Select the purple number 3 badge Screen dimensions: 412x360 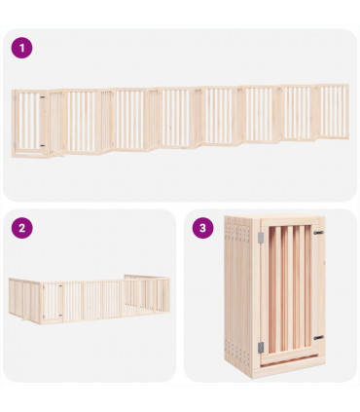[x=202, y=228]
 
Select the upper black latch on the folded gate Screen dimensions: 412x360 [x=318, y=233]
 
